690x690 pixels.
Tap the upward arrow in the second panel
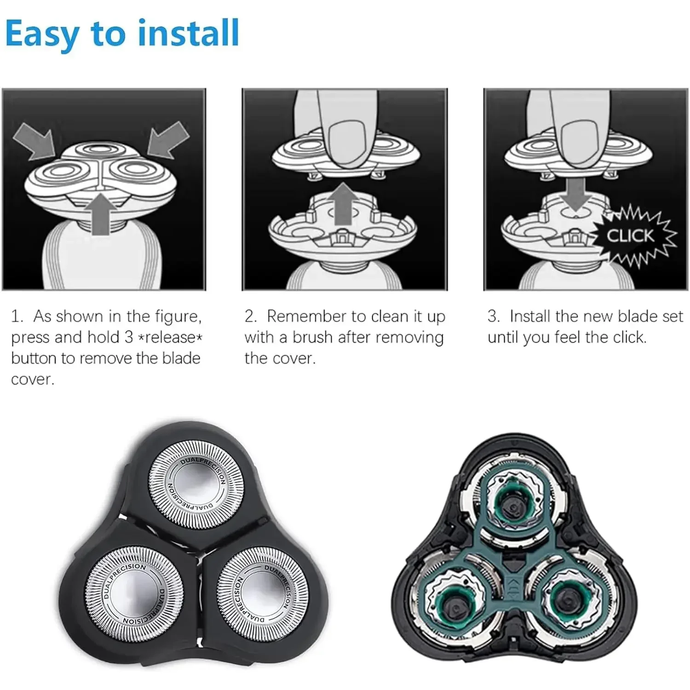(343, 203)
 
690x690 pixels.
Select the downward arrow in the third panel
(576, 194)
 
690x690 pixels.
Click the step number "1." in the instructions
(17, 316)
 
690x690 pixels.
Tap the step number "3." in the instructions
(494, 316)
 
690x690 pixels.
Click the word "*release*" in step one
(170, 337)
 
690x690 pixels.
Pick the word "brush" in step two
(312, 337)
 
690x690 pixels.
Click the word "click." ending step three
(630, 337)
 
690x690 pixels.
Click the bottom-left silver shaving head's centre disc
(131, 590)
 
